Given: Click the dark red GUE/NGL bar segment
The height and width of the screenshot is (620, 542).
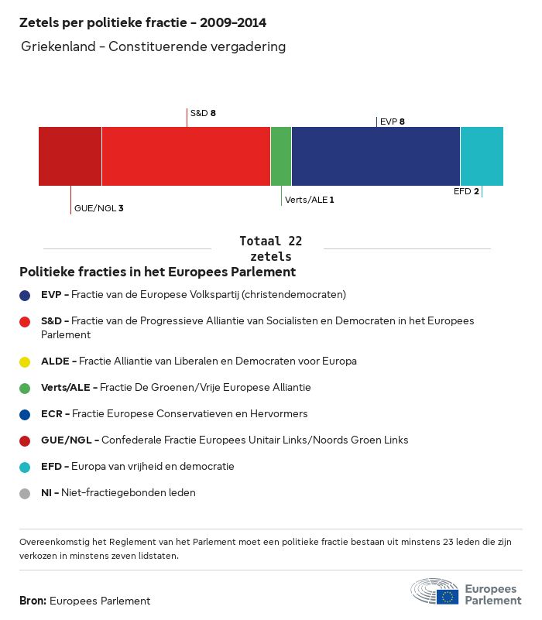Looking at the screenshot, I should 70,156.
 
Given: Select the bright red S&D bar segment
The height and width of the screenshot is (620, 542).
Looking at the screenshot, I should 186,156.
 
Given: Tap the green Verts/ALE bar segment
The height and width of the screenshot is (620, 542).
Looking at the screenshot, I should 281,156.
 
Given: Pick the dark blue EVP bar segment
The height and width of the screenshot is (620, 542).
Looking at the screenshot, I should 376,156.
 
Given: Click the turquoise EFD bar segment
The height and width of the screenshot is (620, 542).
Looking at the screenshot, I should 482,156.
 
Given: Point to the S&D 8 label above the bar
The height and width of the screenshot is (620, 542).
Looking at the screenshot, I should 203,113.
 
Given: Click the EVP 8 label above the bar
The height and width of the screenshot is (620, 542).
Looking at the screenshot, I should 393,122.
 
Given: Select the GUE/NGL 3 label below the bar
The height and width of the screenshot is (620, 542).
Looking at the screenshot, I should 98,208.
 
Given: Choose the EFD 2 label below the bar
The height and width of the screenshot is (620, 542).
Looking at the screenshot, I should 466,191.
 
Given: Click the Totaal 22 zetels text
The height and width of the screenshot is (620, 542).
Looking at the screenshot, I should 271,248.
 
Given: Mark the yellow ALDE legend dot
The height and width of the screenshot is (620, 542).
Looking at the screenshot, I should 26,361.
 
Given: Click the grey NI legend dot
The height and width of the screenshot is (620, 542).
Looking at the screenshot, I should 26,493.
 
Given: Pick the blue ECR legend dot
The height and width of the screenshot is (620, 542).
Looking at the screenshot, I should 26,414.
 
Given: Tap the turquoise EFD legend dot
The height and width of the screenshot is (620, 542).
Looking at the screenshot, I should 26,467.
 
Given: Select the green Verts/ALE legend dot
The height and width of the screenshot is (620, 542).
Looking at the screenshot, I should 26,388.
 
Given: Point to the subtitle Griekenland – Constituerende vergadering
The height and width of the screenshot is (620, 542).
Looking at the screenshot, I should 154,47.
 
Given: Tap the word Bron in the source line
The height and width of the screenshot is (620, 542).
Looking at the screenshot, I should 33,601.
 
